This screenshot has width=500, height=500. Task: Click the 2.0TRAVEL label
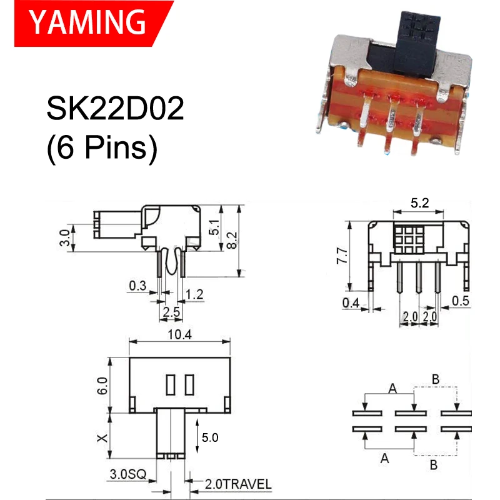[x=238, y=484]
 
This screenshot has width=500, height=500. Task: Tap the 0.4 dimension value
[x=351, y=303]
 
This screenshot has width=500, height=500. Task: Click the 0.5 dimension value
[x=461, y=300]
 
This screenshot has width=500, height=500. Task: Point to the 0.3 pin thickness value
[x=138, y=287]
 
